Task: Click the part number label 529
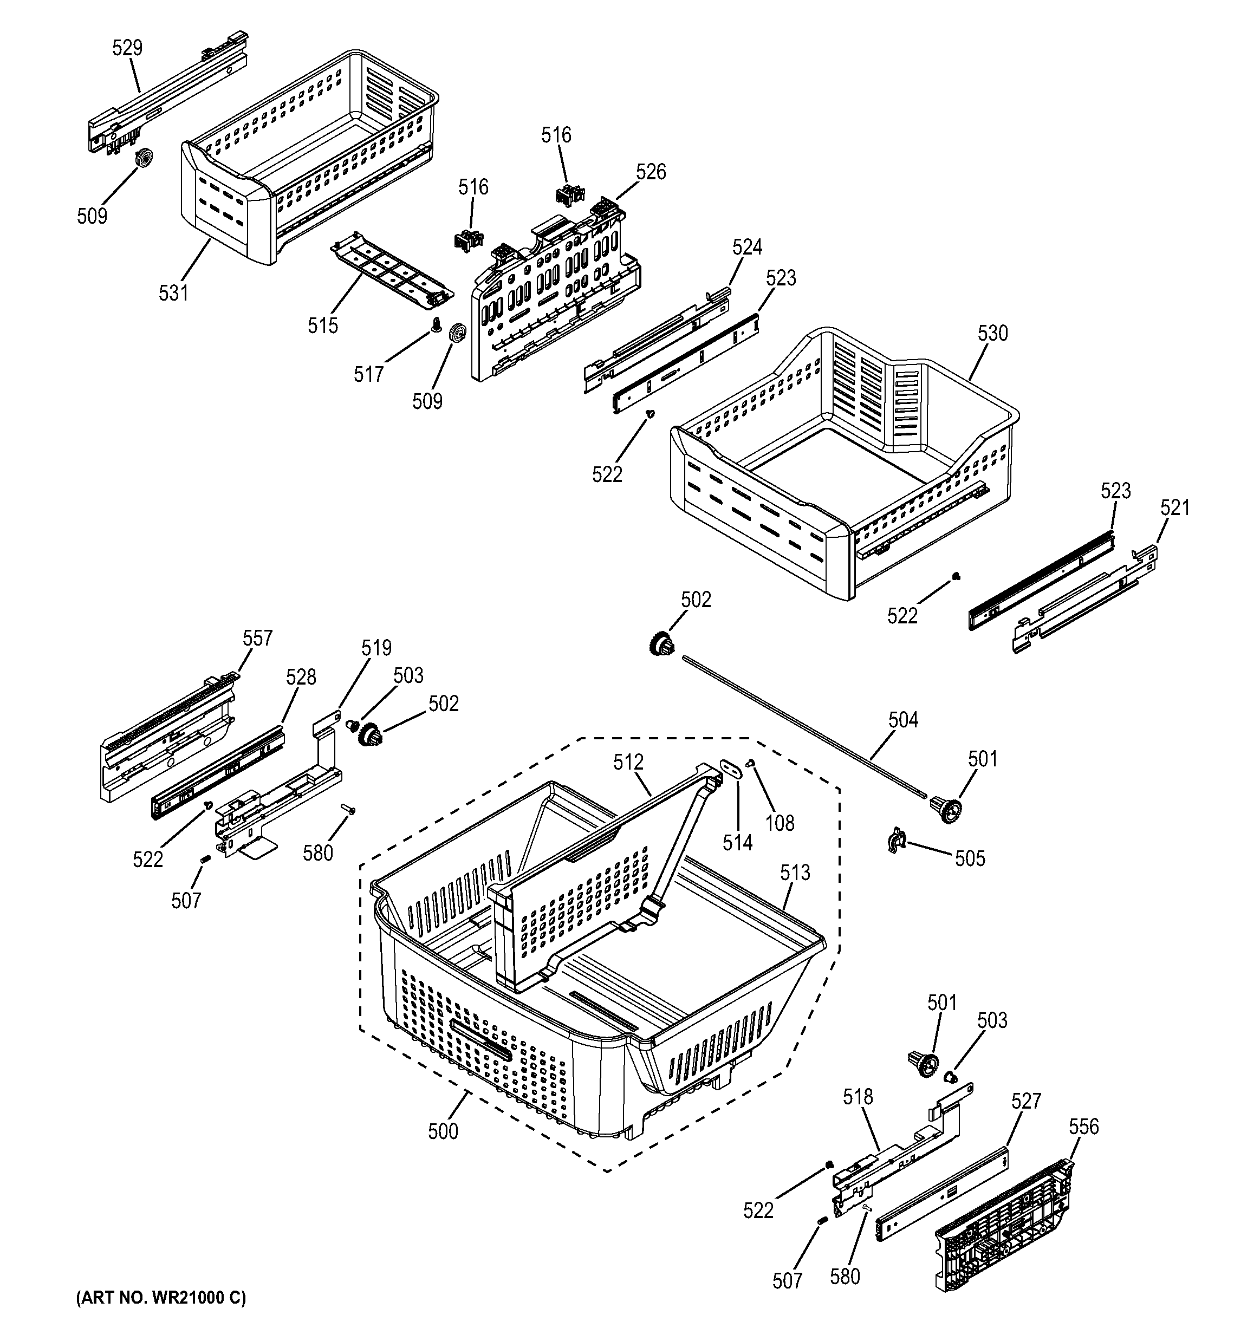(127, 49)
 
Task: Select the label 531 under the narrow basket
(173, 293)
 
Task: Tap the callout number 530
(992, 333)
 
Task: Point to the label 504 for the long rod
(902, 720)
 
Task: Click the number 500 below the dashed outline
(443, 1131)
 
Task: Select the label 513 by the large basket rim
(795, 873)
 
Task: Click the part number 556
(1083, 1127)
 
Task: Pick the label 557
(258, 638)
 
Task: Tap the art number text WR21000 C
(161, 1298)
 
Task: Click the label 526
(651, 173)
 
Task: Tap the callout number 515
(322, 326)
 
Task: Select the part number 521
(1175, 508)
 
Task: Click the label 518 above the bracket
(858, 1097)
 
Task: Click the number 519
(376, 648)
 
